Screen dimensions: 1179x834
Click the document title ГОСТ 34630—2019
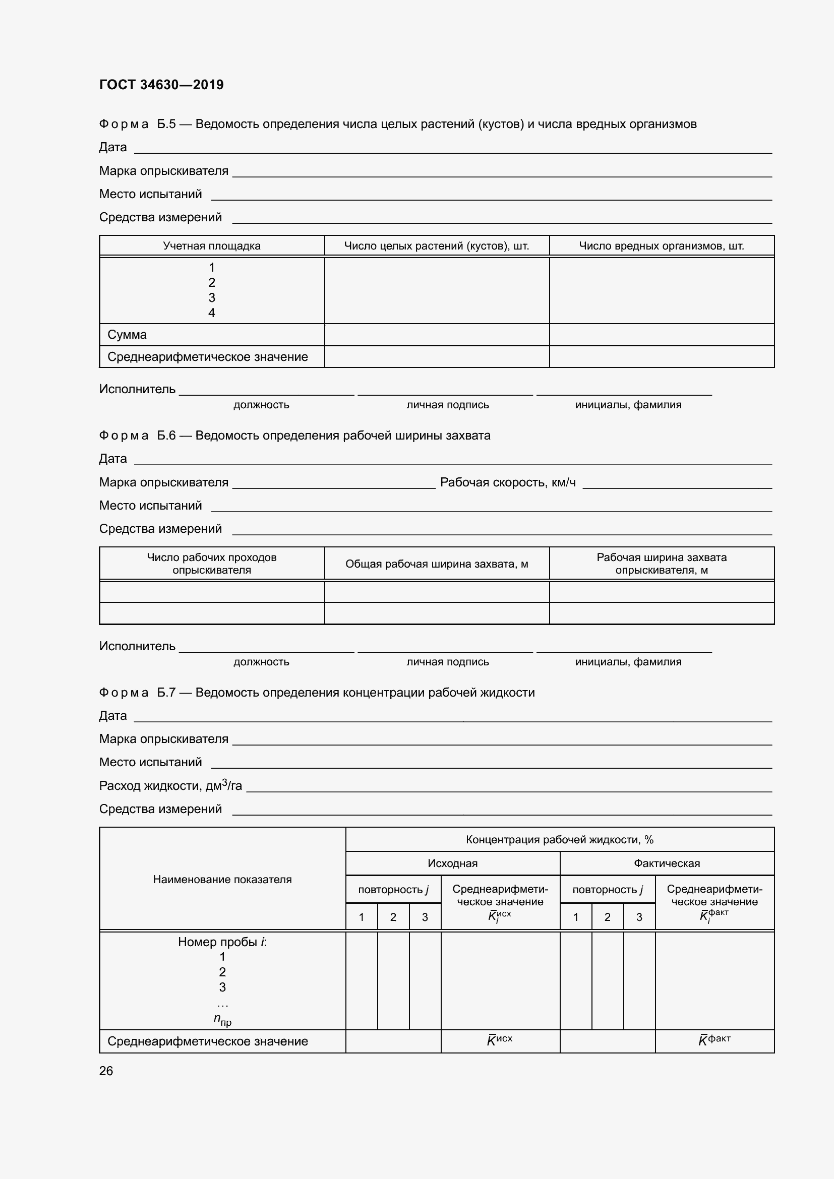161,85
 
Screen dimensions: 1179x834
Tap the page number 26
106,1071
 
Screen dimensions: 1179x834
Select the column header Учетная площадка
212,246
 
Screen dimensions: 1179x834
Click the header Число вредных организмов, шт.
662,246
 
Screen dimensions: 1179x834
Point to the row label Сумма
127,335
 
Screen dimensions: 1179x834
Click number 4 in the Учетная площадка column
212,313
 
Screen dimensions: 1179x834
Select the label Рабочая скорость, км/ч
507,482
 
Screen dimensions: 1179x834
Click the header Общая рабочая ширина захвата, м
437,564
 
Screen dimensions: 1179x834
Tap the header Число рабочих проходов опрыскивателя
212,564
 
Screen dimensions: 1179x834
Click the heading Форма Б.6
137,436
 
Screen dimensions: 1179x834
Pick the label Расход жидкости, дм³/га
170,786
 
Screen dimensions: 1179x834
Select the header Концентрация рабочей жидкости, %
559,840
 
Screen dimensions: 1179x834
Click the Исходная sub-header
452,863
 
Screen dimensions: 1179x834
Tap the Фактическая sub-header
667,863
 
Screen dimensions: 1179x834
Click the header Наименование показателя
222,879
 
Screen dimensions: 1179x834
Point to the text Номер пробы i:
222,942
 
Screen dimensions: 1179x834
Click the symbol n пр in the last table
222,1019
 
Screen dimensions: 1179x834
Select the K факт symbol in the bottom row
714,1040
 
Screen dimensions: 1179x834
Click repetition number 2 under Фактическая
607,917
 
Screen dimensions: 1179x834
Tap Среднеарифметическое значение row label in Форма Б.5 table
207,357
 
